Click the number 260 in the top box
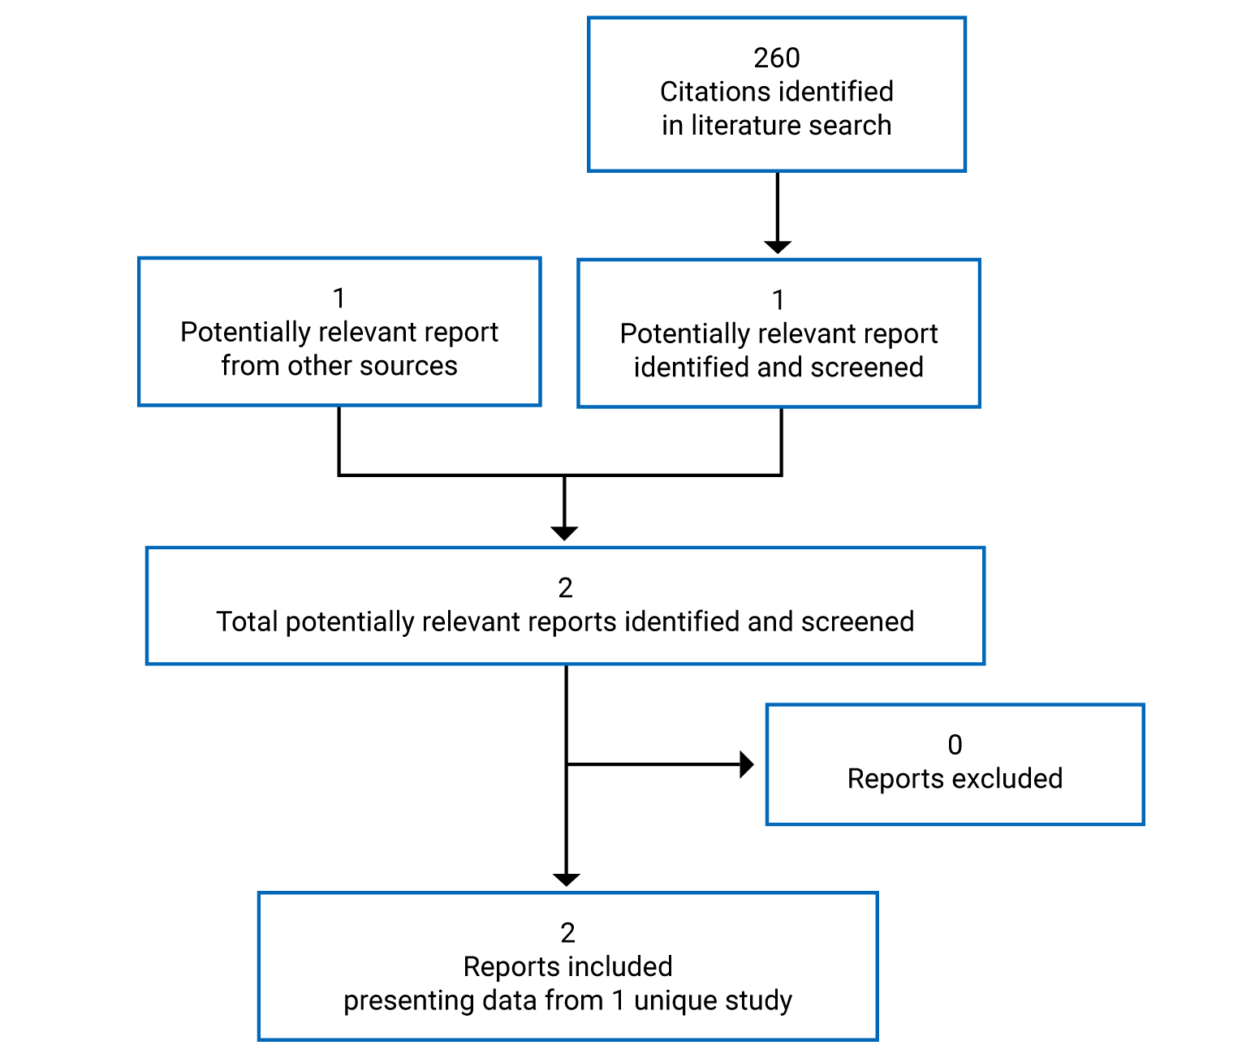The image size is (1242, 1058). click(x=776, y=58)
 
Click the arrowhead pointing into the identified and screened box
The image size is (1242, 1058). click(x=777, y=247)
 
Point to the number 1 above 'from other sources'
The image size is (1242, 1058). click(x=339, y=299)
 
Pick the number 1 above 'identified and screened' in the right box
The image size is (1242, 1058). click(x=778, y=300)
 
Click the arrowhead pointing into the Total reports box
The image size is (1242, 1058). click(x=564, y=533)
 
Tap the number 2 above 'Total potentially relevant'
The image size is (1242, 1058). click(x=565, y=588)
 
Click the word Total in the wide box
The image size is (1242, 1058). click(x=247, y=622)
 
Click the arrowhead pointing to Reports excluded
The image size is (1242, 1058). click(x=746, y=764)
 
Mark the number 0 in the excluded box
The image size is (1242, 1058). click(x=955, y=745)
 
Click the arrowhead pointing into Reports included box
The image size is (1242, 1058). click(x=566, y=880)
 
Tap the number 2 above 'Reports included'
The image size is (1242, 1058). click(x=567, y=933)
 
